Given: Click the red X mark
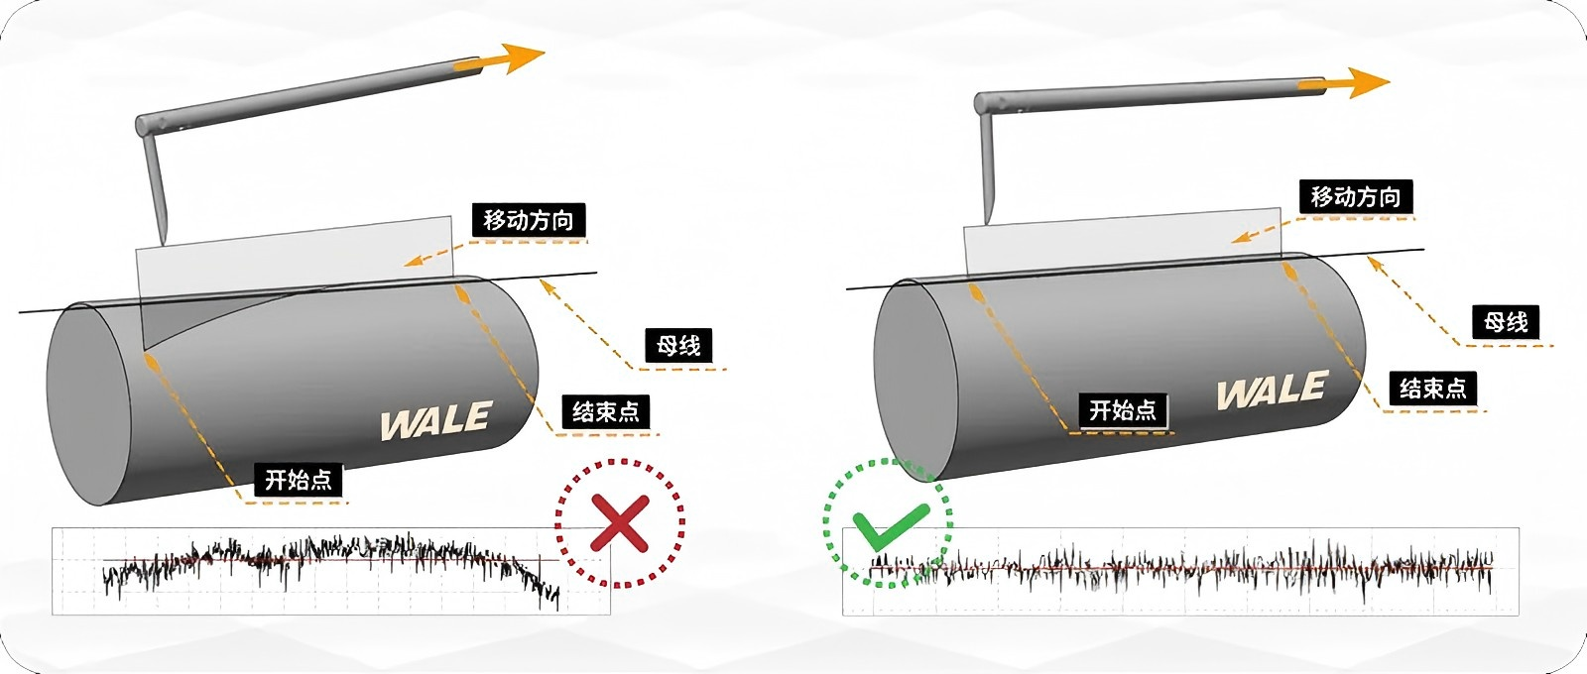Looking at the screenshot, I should pos(619,521).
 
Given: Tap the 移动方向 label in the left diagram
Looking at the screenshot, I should pos(528,220).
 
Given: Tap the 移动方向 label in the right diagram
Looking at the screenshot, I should pos(1356,196).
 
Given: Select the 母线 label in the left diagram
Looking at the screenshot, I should pos(678,345).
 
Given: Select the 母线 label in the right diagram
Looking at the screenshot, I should pos(1506,321).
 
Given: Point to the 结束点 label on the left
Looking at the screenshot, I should pos(606,411).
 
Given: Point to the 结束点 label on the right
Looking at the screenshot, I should pos(1432,388).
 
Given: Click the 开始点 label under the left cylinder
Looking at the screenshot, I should pos(298,480).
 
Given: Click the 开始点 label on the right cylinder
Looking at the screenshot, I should pos(1123,409).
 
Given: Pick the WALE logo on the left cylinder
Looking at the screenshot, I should pos(435,421).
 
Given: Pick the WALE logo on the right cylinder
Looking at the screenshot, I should pos(1272,392).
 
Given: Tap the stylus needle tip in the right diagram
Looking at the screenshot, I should pos(989,220).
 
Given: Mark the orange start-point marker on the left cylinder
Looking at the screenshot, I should pos(152,359).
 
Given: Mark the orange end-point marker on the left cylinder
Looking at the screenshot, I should pos(461,295).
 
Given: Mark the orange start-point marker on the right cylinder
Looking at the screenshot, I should pos(976,293).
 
